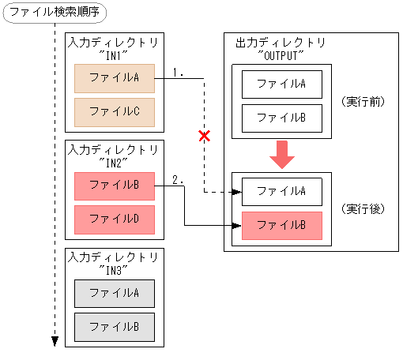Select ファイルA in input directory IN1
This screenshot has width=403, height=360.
pyautogui.click(x=114, y=78)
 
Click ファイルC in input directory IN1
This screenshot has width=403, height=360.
pyautogui.click(x=114, y=111)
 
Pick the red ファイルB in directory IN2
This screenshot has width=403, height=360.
pyautogui.click(x=114, y=186)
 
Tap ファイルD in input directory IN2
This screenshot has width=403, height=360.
pyautogui.click(x=114, y=219)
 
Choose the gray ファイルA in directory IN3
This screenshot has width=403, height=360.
pyautogui.click(x=114, y=293)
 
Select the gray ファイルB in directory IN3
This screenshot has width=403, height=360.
pyautogui.click(x=114, y=326)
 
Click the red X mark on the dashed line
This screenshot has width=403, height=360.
pyautogui.click(x=204, y=136)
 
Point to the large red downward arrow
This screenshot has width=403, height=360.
pyautogui.click(x=281, y=155)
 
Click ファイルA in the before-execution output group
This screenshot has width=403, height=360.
pyautogui.click(x=281, y=84)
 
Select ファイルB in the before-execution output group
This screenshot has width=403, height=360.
pyautogui.click(x=281, y=118)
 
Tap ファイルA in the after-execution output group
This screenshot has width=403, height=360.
pyautogui.click(x=281, y=191)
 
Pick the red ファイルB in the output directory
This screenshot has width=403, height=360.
pyautogui.click(x=281, y=225)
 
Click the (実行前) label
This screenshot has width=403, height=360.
pyautogui.click(x=363, y=101)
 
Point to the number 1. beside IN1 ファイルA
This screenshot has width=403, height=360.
pyautogui.click(x=178, y=73)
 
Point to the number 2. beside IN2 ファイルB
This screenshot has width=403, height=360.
pyautogui.click(x=178, y=180)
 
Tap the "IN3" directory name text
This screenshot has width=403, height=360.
pyautogui.click(x=114, y=269)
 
